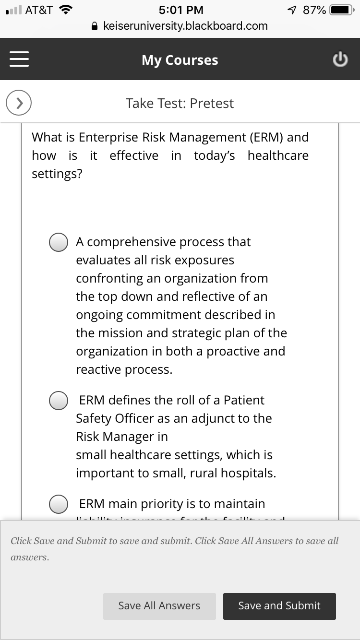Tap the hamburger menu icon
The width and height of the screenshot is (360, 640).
tap(19, 59)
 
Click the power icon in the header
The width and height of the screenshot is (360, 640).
tap(340, 59)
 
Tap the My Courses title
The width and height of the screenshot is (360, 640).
tap(180, 60)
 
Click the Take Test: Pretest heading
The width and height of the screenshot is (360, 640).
tap(180, 103)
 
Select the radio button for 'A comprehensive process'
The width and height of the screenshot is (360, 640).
tap(59, 242)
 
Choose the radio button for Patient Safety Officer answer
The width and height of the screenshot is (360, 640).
tap(59, 401)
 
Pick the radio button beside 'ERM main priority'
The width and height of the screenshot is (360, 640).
tap(59, 504)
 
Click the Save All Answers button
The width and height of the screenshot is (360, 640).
tap(159, 606)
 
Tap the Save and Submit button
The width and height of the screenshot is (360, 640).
tap(279, 606)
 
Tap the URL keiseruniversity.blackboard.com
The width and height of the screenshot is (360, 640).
tap(185, 26)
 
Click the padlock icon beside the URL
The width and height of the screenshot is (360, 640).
tap(95, 26)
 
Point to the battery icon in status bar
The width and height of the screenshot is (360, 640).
tap(341, 10)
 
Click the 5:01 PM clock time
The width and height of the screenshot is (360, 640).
tap(181, 10)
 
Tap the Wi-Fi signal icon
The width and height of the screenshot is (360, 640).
tap(65, 10)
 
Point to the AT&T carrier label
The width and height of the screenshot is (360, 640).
tap(39, 10)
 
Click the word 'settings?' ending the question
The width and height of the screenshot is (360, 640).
tap(57, 174)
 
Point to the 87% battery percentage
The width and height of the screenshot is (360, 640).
tap(314, 10)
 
